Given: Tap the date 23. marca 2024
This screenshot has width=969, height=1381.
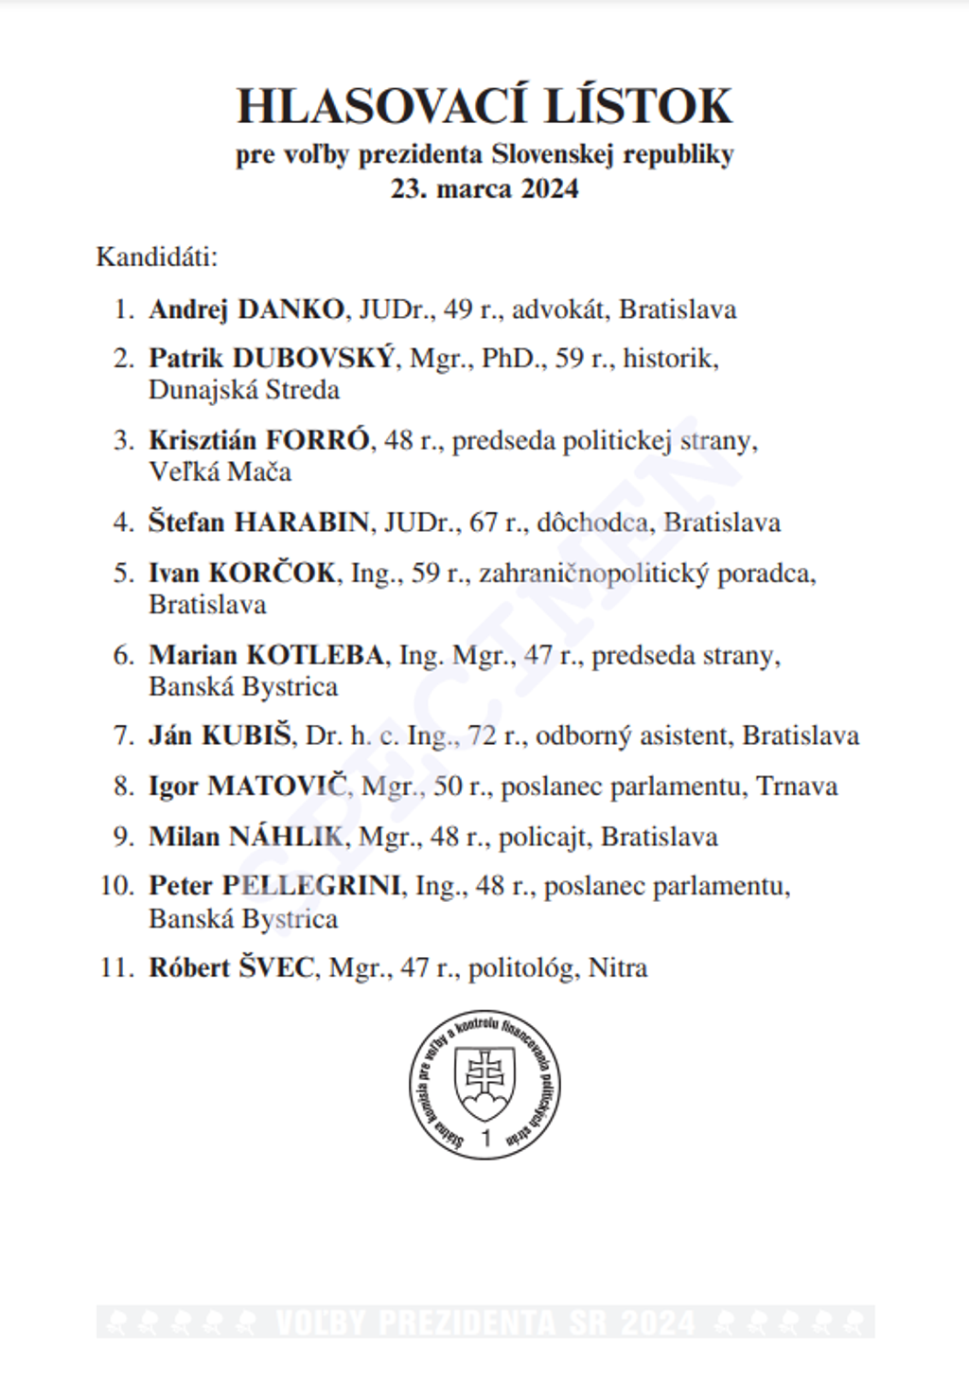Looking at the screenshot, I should (484, 188).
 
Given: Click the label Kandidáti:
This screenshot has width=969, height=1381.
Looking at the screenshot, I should (157, 257).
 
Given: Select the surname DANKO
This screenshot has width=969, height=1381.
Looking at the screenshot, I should (291, 310).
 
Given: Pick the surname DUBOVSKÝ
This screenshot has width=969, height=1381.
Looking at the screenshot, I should (313, 358).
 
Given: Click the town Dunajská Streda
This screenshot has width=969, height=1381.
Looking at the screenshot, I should (243, 390).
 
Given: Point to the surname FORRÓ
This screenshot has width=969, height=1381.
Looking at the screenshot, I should (316, 440).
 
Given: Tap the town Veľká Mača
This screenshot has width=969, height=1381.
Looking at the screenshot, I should (220, 471).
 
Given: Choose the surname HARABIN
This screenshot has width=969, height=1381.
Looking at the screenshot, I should (302, 522).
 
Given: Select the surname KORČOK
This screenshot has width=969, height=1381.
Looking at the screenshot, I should (272, 573).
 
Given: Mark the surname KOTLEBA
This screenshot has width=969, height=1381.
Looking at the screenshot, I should (315, 655).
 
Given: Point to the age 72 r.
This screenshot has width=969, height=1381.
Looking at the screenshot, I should (496, 736).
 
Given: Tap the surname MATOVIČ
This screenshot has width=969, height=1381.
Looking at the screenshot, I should (278, 787).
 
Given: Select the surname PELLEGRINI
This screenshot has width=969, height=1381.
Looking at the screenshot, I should (311, 886).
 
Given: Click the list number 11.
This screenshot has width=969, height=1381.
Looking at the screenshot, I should (115, 968).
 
